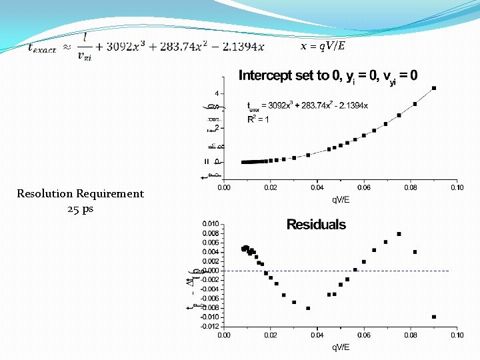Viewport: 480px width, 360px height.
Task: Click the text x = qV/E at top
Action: pyautogui.click(x=323, y=46)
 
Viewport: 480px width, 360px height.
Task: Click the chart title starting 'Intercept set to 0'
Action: pyautogui.click(x=328, y=75)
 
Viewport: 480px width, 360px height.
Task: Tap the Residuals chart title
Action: pyautogui.click(x=316, y=225)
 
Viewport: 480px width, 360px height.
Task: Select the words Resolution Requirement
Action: pyautogui.click(x=80, y=194)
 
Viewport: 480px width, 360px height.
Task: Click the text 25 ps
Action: pyautogui.click(x=80, y=209)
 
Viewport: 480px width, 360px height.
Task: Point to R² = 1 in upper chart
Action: pyautogui.click(x=259, y=120)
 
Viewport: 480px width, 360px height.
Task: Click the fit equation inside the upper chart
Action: pyautogui.click(x=307, y=105)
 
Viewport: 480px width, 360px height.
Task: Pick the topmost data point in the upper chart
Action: pyautogui.click(x=434, y=88)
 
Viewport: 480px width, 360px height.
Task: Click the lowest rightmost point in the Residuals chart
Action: pyautogui.click(x=434, y=317)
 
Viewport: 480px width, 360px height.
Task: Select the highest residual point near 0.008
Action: pyautogui.click(x=399, y=234)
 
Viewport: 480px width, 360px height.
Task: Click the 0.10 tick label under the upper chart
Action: pyautogui.click(x=456, y=188)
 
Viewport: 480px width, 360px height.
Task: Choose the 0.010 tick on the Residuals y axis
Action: pyautogui.click(x=210, y=223)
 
